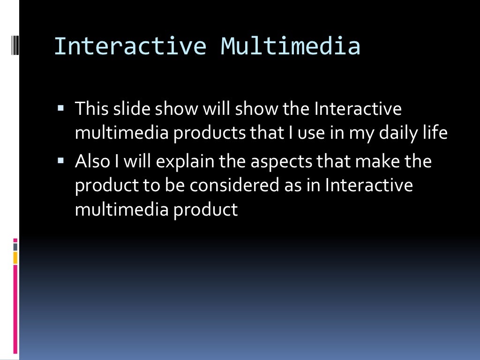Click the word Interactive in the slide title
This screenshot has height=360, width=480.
129,46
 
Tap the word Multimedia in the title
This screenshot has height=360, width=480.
291,46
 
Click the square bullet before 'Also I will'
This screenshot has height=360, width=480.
60,161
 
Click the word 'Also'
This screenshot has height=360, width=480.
93,162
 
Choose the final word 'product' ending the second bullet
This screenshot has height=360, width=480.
206,210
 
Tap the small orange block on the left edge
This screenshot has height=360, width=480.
15,257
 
